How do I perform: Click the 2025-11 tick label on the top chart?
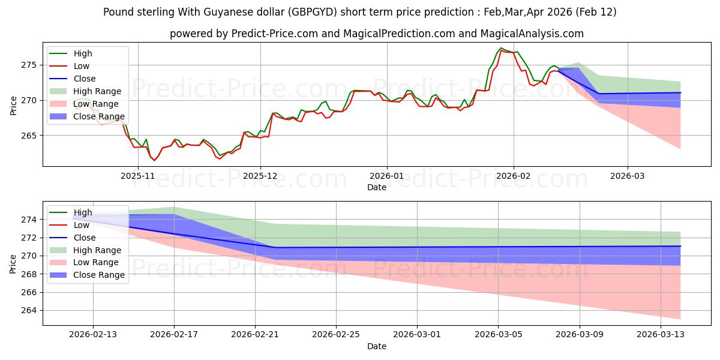coord(138,175)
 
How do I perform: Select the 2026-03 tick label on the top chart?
coord(628,175)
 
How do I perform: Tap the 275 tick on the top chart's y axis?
coord(31,65)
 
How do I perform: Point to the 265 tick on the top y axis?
coord(31,136)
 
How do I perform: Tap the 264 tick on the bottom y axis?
coord(31,310)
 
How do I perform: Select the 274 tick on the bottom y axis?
coord(31,220)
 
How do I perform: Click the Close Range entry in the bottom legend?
coord(99,275)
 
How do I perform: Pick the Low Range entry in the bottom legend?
coord(97,262)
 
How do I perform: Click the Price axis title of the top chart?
coord(13,104)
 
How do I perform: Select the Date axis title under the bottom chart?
coord(377,346)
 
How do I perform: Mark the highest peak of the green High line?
coord(501,48)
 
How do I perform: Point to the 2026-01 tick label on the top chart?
coord(386,175)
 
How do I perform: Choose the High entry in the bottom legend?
coord(83,212)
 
